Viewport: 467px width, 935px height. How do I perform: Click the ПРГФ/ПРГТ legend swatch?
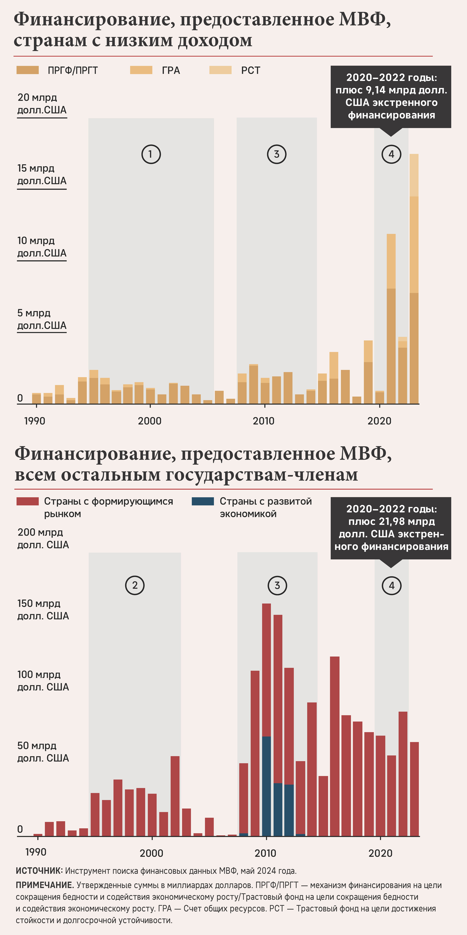coord(28,70)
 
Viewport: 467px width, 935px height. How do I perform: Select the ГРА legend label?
coord(171,70)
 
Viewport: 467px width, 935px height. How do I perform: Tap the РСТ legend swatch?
coord(220,70)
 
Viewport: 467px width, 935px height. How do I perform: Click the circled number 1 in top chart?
coord(151,154)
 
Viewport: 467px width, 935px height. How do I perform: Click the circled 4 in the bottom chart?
coord(392,586)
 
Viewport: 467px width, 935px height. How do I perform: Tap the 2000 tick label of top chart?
coord(149,421)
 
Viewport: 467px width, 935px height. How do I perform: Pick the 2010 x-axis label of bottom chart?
coord(265,853)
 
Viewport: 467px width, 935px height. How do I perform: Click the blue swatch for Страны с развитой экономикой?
coord(203,501)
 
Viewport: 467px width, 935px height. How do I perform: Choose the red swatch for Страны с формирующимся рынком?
coord(28,501)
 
